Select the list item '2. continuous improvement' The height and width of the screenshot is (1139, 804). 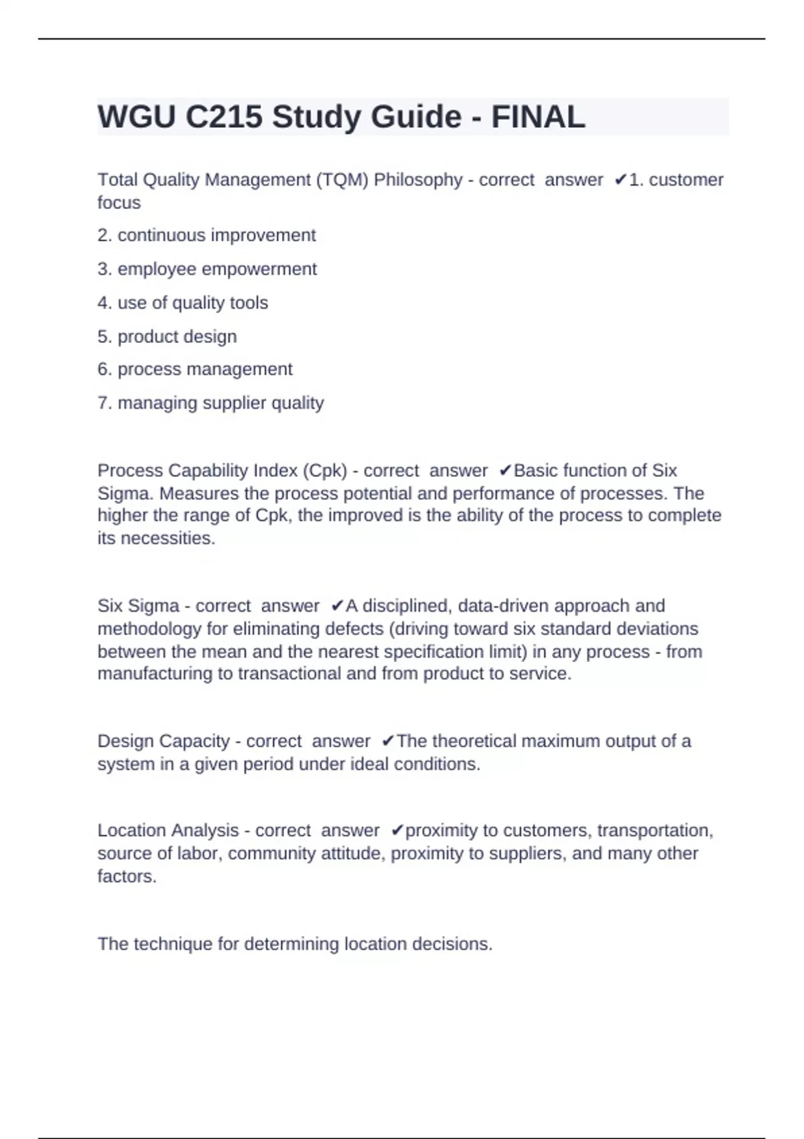click(x=206, y=235)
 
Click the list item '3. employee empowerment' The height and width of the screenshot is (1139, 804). click(x=207, y=269)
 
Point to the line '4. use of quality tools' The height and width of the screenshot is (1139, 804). click(x=182, y=303)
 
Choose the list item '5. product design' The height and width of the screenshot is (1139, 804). click(x=167, y=336)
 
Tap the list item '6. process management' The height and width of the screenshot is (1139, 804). click(x=195, y=369)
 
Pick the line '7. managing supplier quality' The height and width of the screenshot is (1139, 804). click(x=210, y=403)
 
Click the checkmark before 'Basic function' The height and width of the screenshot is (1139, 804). click(x=506, y=470)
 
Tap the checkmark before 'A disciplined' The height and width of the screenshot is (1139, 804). click(x=337, y=606)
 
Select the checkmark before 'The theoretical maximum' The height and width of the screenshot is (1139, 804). click(x=388, y=741)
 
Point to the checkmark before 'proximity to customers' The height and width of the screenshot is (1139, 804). click(x=397, y=830)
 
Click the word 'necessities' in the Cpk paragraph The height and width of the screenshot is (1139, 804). click(x=167, y=538)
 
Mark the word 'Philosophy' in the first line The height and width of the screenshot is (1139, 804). click(x=417, y=180)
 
